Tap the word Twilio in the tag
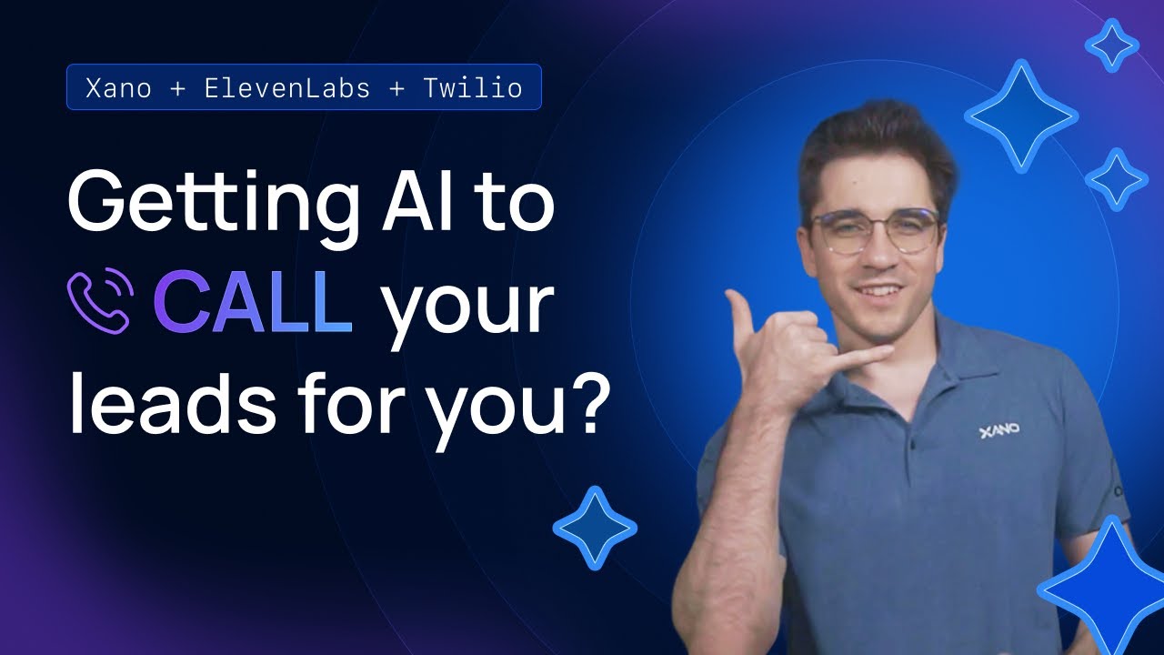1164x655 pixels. pyautogui.click(x=472, y=88)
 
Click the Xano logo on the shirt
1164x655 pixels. pyautogui.click(x=998, y=429)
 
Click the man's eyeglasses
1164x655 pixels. pyautogui.click(x=874, y=231)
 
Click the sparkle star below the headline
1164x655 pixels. pyautogui.click(x=595, y=528)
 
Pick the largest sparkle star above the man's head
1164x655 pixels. pyautogui.click(x=1020, y=116)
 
